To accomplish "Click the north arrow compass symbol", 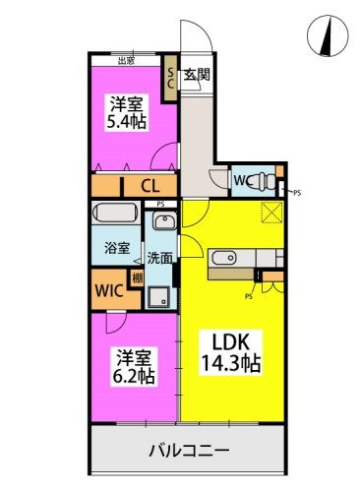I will click(326, 36).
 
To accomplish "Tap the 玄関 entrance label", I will click(197, 75).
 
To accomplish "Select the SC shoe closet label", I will click(170, 78).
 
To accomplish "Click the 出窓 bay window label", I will click(126, 61).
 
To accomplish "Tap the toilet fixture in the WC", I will click(262, 181).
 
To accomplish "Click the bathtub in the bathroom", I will click(118, 215).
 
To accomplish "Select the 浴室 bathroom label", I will click(117, 248).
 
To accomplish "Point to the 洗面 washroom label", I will click(159, 258).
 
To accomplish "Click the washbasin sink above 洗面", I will click(164, 222).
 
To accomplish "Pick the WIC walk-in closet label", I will click(109, 291).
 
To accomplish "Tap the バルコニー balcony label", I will click(190, 451).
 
